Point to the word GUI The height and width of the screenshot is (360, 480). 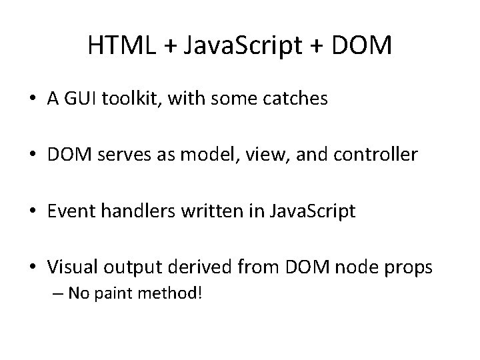(x=80, y=99)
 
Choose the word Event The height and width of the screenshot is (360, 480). (x=68, y=211)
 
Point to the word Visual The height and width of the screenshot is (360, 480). (x=70, y=267)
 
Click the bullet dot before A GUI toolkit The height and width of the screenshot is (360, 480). (x=32, y=99)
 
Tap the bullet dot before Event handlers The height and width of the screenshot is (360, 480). (x=32, y=212)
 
